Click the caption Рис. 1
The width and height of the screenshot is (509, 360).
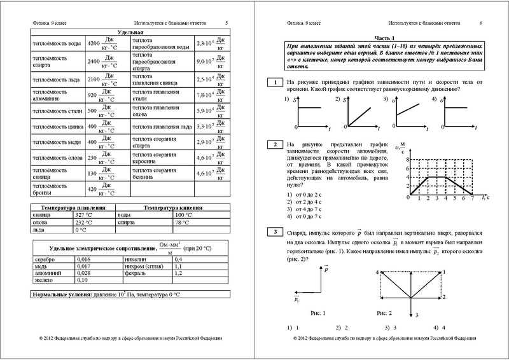click(x=316, y=313)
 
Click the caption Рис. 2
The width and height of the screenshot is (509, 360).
click(x=386, y=313)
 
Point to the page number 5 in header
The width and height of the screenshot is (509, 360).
click(x=227, y=22)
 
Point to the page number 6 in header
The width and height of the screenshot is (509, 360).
click(x=480, y=22)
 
